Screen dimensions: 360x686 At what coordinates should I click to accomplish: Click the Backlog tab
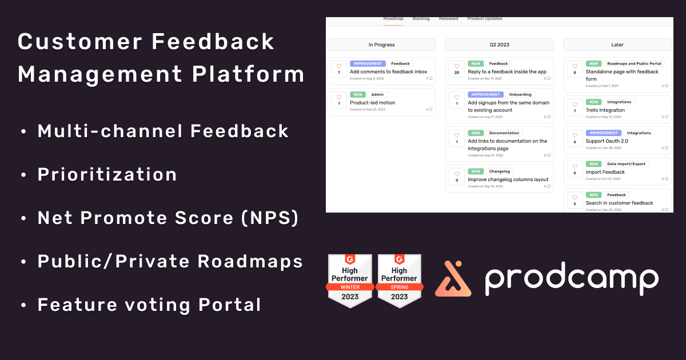(421, 19)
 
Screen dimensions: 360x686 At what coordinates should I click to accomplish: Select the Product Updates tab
(485, 19)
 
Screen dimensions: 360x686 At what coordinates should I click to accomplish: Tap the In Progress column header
(381, 45)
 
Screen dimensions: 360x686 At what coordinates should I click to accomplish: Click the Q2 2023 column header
(499, 45)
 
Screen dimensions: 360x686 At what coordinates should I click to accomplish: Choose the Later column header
(617, 45)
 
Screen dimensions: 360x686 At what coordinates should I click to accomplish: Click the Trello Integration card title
(605, 110)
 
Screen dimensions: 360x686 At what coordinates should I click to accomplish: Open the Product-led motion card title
(372, 103)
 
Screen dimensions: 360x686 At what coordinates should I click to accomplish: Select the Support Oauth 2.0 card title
(607, 141)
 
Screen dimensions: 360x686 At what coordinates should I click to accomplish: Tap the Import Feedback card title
(605, 172)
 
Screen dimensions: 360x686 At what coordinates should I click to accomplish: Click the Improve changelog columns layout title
(508, 179)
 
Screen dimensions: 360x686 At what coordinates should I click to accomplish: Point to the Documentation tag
(504, 133)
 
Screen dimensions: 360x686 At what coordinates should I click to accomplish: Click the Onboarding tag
(520, 94)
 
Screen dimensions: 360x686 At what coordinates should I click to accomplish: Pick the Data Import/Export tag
(626, 164)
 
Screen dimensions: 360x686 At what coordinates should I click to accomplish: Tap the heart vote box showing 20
(457, 69)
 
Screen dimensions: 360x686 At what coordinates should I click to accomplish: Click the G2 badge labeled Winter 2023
(350, 280)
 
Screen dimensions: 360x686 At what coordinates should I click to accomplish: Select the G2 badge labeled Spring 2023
(399, 280)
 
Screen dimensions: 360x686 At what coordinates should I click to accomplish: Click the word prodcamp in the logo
(571, 279)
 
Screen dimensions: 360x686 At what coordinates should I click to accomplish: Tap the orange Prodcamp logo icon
(453, 279)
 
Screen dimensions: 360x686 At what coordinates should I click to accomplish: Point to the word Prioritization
(107, 174)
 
